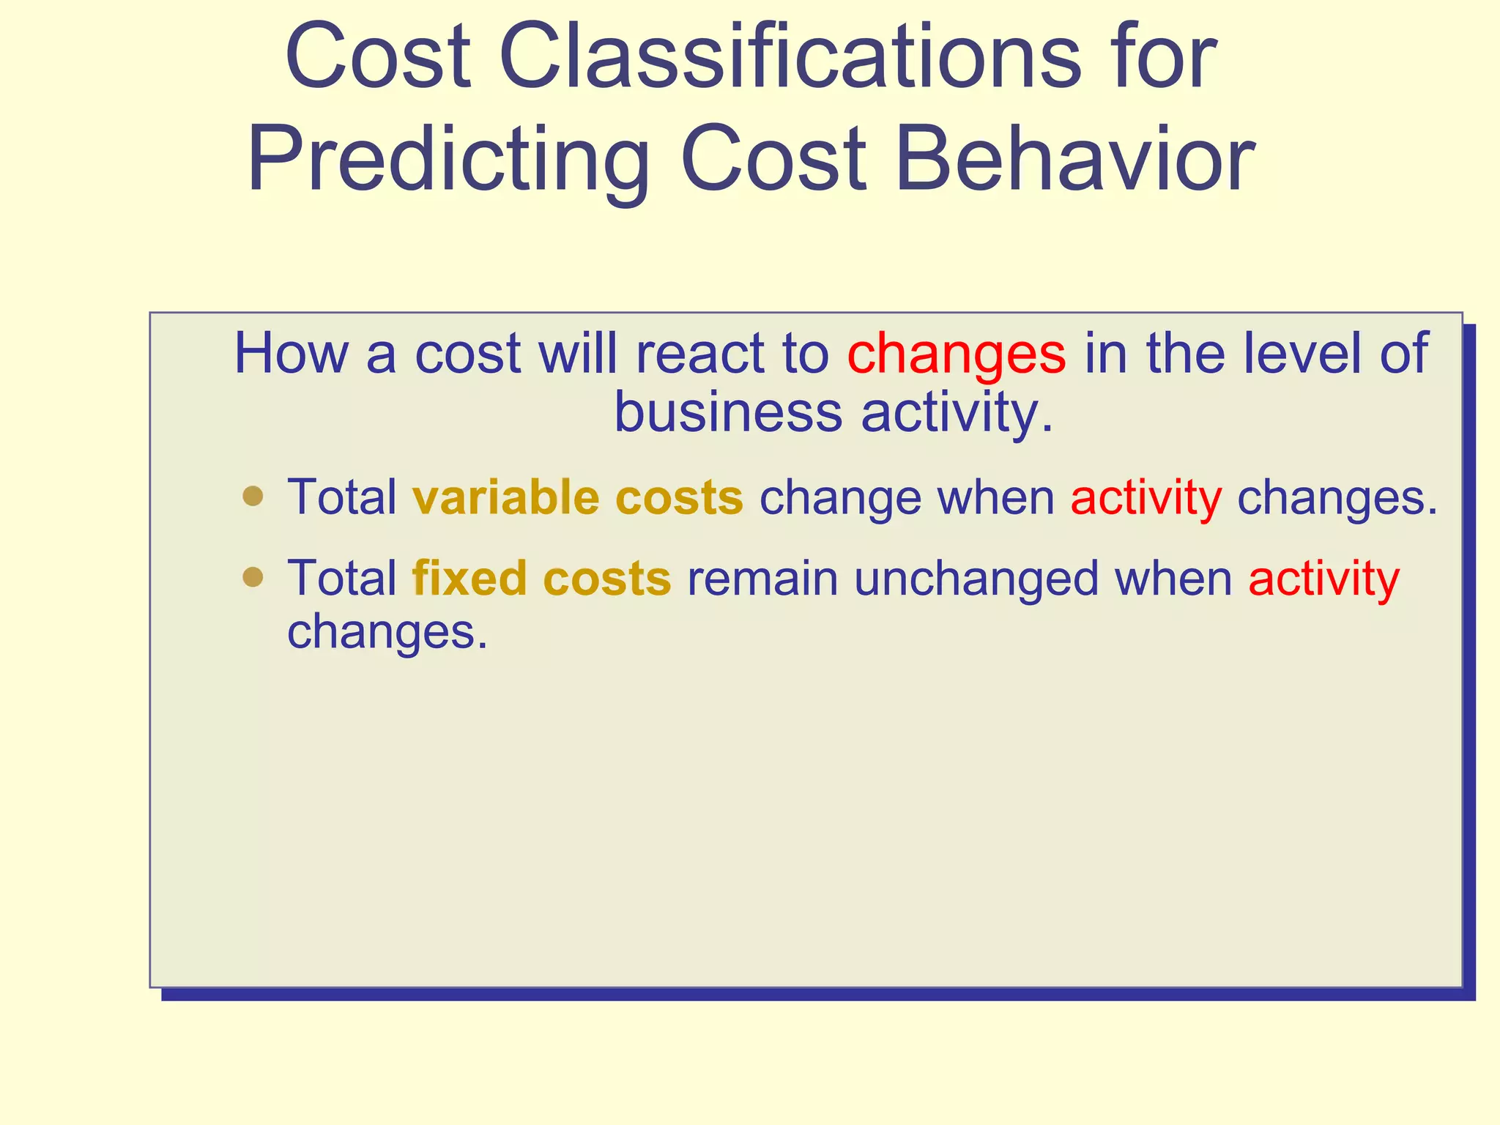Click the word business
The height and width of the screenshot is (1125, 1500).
(x=728, y=412)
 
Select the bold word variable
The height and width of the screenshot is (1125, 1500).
(x=506, y=497)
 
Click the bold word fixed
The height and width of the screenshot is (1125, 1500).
(x=469, y=578)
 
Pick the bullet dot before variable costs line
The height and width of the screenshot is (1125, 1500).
(x=253, y=496)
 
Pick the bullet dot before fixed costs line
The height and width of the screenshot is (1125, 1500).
(x=253, y=577)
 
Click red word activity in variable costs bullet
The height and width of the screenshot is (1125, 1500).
(x=1146, y=499)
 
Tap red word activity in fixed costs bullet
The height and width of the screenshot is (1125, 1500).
(x=1323, y=579)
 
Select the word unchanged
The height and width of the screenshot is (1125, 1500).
(x=976, y=578)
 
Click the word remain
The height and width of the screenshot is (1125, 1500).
(x=762, y=578)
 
